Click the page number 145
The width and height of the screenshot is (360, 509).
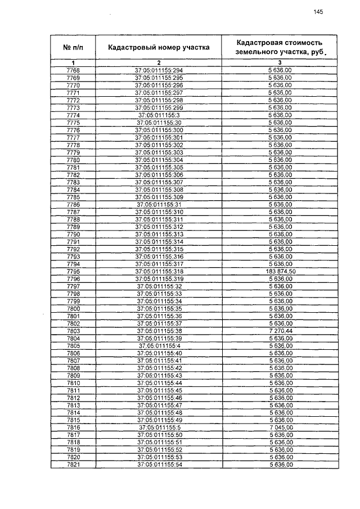pos(318,12)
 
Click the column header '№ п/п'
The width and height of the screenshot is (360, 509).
pos(73,47)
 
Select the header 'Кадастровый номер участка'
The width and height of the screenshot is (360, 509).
pos(159,47)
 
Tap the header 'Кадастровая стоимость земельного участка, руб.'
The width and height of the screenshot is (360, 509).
pos(280,47)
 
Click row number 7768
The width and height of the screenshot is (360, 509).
pos(73,70)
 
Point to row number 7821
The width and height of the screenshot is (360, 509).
pos(73,464)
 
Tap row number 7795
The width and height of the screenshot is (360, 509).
pos(73,272)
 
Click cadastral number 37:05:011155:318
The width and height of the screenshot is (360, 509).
pos(159,272)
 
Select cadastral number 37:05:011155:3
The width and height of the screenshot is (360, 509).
pos(159,115)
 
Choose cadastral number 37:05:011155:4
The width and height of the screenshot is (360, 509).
pos(159,345)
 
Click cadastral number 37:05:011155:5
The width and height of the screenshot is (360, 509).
pos(159,427)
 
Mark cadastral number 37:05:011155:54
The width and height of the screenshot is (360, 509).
pos(159,464)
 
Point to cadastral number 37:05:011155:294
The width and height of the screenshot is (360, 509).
pos(159,70)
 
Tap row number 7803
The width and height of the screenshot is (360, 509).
pos(73,331)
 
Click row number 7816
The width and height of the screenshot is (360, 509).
pos(73,427)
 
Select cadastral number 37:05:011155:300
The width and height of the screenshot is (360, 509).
pos(159,130)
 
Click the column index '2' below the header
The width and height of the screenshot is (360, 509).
pos(159,62)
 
